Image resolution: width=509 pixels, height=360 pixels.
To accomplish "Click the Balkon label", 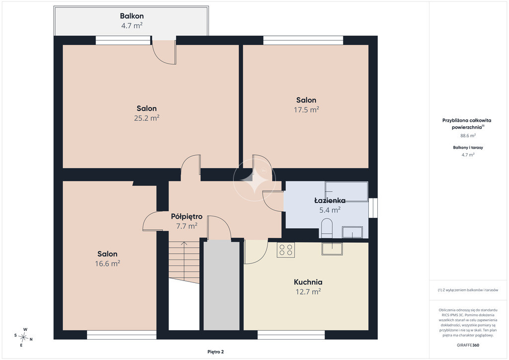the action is [132, 15].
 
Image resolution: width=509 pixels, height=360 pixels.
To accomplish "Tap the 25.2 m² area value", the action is [147, 118].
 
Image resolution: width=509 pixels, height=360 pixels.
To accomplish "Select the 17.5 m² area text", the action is [306, 109].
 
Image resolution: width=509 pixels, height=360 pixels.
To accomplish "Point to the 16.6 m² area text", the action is [107, 263].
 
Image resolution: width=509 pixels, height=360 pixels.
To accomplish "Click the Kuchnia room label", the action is [308, 282].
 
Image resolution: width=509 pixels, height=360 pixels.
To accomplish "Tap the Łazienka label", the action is [330, 200].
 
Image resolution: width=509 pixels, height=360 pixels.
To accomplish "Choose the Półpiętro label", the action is [187, 216].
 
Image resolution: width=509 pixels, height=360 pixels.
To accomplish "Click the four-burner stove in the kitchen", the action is [286, 250].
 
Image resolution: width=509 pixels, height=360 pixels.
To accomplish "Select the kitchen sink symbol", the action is [332, 248].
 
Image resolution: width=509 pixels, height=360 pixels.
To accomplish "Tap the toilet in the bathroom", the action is [327, 228].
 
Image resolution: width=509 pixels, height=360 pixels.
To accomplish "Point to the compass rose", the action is [23, 338].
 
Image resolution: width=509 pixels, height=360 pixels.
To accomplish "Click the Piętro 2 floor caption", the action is [216, 352].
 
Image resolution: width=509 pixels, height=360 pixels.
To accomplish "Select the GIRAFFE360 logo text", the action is [468, 345].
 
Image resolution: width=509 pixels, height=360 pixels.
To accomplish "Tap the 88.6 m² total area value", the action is [468, 136].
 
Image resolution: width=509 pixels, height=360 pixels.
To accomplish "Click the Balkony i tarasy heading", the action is [468, 147].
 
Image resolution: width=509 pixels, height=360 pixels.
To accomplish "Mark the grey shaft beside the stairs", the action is [222, 285].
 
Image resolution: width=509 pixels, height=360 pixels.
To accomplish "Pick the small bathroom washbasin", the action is [352, 232].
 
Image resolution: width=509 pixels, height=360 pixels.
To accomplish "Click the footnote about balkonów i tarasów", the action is [468, 290].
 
